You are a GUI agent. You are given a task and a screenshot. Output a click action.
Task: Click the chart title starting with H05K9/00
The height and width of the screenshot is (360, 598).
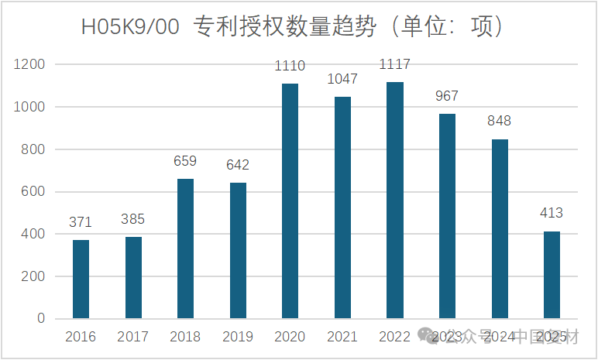[294, 27]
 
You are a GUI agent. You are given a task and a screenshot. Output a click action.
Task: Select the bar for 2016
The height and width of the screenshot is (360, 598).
[81, 279]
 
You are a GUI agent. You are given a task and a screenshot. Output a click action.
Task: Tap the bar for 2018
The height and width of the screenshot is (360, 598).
[185, 249]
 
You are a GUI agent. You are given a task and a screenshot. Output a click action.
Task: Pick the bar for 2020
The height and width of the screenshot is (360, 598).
[290, 201]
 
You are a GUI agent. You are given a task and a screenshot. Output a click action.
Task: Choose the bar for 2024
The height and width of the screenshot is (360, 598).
[500, 228]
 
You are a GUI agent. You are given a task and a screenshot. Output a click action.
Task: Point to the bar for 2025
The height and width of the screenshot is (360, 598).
[552, 275]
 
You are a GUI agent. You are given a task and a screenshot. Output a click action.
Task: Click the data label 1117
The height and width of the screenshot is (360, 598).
[394, 64]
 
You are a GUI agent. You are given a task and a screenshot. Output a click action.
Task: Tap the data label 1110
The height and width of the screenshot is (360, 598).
[290, 66]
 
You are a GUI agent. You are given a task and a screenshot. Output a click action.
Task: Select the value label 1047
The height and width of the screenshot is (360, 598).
[342, 79]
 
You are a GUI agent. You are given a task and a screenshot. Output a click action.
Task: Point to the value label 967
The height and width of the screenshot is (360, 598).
[447, 96]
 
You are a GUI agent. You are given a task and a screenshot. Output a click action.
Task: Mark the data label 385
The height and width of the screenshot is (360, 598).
[132, 219]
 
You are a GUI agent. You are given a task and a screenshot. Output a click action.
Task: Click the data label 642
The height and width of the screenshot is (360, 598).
[237, 165]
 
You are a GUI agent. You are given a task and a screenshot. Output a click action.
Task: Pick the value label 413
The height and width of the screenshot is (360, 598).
[552, 213]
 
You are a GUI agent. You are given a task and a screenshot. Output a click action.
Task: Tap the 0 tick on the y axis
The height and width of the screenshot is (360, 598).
[41, 319]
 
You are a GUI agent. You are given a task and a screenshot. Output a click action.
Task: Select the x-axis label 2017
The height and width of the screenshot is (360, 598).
[132, 337]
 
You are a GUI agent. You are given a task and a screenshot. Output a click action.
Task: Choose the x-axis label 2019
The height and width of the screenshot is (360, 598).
[237, 337]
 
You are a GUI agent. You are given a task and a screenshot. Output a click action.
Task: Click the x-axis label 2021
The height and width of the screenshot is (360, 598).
[342, 337]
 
